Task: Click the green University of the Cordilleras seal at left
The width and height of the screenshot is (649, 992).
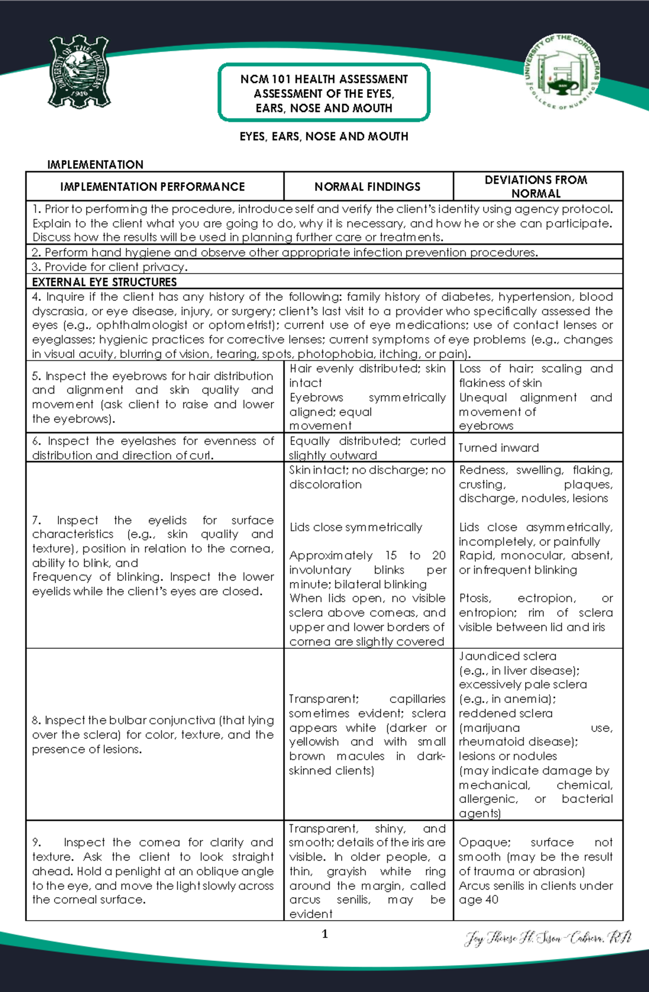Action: pyautogui.click(x=80, y=72)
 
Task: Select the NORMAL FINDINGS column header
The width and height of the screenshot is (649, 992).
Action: pyautogui.click(x=367, y=187)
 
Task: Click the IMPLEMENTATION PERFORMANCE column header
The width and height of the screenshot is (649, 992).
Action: pyautogui.click(x=153, y=187)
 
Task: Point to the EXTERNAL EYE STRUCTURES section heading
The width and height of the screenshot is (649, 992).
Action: pyautogui.click(x=104, y=282)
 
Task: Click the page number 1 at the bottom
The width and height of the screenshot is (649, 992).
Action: pyautogui.click(x=325, y=934)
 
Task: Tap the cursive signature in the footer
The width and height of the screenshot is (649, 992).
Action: pyautogui.click(x=547, y=938)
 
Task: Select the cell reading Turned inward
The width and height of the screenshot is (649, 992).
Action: pyautogui.click(x=499, y=448)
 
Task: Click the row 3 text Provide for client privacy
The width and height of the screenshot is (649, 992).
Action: pyautogui.click(x=110, y=267)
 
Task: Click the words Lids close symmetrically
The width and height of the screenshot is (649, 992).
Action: pyautogui.click(x=355, y=527)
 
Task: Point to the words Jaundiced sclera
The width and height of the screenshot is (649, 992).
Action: pyautogui.click(x=507, y=656)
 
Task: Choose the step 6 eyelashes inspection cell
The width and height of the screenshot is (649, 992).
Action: pyautogui.click(x=153, y=448)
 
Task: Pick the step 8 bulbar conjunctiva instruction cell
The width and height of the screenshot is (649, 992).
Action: pyautogui.click(x=153, y=734)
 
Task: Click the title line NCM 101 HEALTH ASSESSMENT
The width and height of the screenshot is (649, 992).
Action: pyautogui.click(x=324, y=79)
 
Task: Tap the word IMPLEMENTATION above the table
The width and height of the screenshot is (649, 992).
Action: pyautogui.click(x=95, y=164)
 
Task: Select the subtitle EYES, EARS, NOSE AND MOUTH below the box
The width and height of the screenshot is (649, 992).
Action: pyautogui.click(x=324, y=136)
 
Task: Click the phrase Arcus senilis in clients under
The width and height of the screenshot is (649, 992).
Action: pyautogui.click(x=535, y=886)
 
